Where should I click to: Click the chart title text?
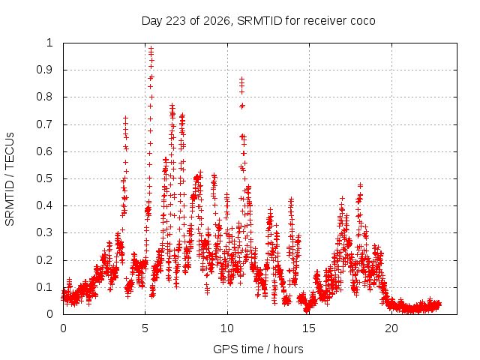258,21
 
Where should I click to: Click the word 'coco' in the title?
363,21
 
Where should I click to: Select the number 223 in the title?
175,21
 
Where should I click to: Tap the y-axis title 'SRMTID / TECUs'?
10,179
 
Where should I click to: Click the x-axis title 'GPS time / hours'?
258,349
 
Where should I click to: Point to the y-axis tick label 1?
50,43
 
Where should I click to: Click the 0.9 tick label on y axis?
44,70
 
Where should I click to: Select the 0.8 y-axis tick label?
44,97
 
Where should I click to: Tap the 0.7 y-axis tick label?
44,124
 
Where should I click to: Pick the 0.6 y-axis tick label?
44,151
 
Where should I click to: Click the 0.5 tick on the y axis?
44,178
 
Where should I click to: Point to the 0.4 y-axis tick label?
44,205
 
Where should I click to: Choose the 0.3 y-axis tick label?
44,232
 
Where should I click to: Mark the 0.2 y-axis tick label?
44,260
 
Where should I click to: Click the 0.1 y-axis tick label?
44,287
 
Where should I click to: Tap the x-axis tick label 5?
145,328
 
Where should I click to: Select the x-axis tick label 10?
227,328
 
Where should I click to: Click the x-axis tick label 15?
309,328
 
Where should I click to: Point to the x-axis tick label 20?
391,328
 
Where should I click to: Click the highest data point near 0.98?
151,48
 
